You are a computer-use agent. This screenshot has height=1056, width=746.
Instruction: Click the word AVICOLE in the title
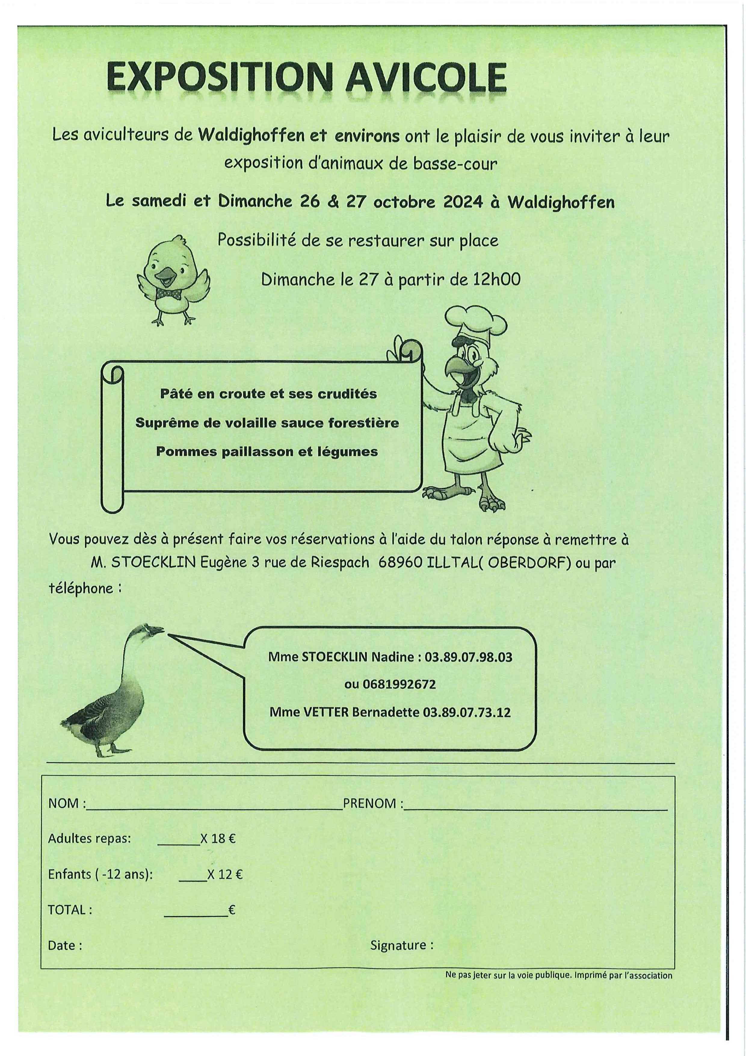(426, 78)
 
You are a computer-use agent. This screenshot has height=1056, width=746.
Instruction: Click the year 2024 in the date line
(463, 202)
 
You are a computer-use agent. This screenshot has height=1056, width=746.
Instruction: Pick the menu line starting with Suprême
(267, 423)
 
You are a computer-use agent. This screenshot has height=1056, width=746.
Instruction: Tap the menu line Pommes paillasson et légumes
(267, 451)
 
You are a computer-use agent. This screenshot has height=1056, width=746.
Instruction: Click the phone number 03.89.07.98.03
(468, 657)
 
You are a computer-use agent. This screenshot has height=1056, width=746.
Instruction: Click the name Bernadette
(385, 713)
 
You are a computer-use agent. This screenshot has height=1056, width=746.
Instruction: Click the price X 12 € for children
(225, 874)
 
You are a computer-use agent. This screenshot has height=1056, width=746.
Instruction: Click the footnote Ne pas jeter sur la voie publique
(508, 975)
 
